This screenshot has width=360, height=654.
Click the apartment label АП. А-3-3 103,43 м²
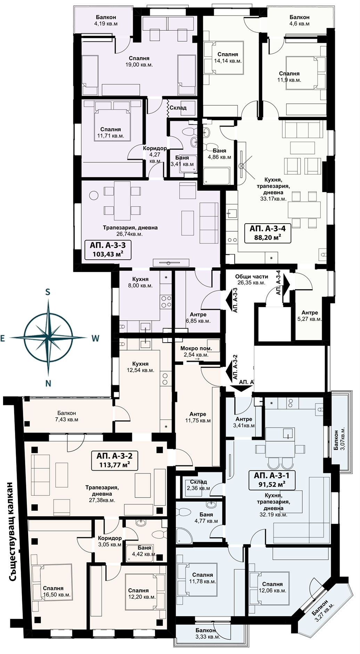click(107, 250)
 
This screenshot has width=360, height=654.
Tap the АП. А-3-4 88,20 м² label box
click(268, 233)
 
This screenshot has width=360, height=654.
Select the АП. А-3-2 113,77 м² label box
click(114, 460)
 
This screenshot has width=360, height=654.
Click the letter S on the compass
click(48, 292)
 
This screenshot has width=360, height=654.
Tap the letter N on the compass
click(48, 383)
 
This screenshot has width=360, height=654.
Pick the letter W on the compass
click(96, 338)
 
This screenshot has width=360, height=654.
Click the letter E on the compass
click(3, 338)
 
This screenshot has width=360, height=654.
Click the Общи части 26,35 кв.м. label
click(252, 280)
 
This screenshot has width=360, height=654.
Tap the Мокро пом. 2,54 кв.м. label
click(196, 352)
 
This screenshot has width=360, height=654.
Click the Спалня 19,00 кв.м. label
click(139, 62)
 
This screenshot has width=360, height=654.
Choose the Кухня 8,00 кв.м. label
click(140, 282)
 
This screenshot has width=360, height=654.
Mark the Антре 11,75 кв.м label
click(198, 417)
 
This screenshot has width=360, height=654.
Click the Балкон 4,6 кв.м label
click(300, 21)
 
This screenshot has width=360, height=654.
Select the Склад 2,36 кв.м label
click(198, 485)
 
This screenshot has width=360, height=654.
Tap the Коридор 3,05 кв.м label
click(110, 541)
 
